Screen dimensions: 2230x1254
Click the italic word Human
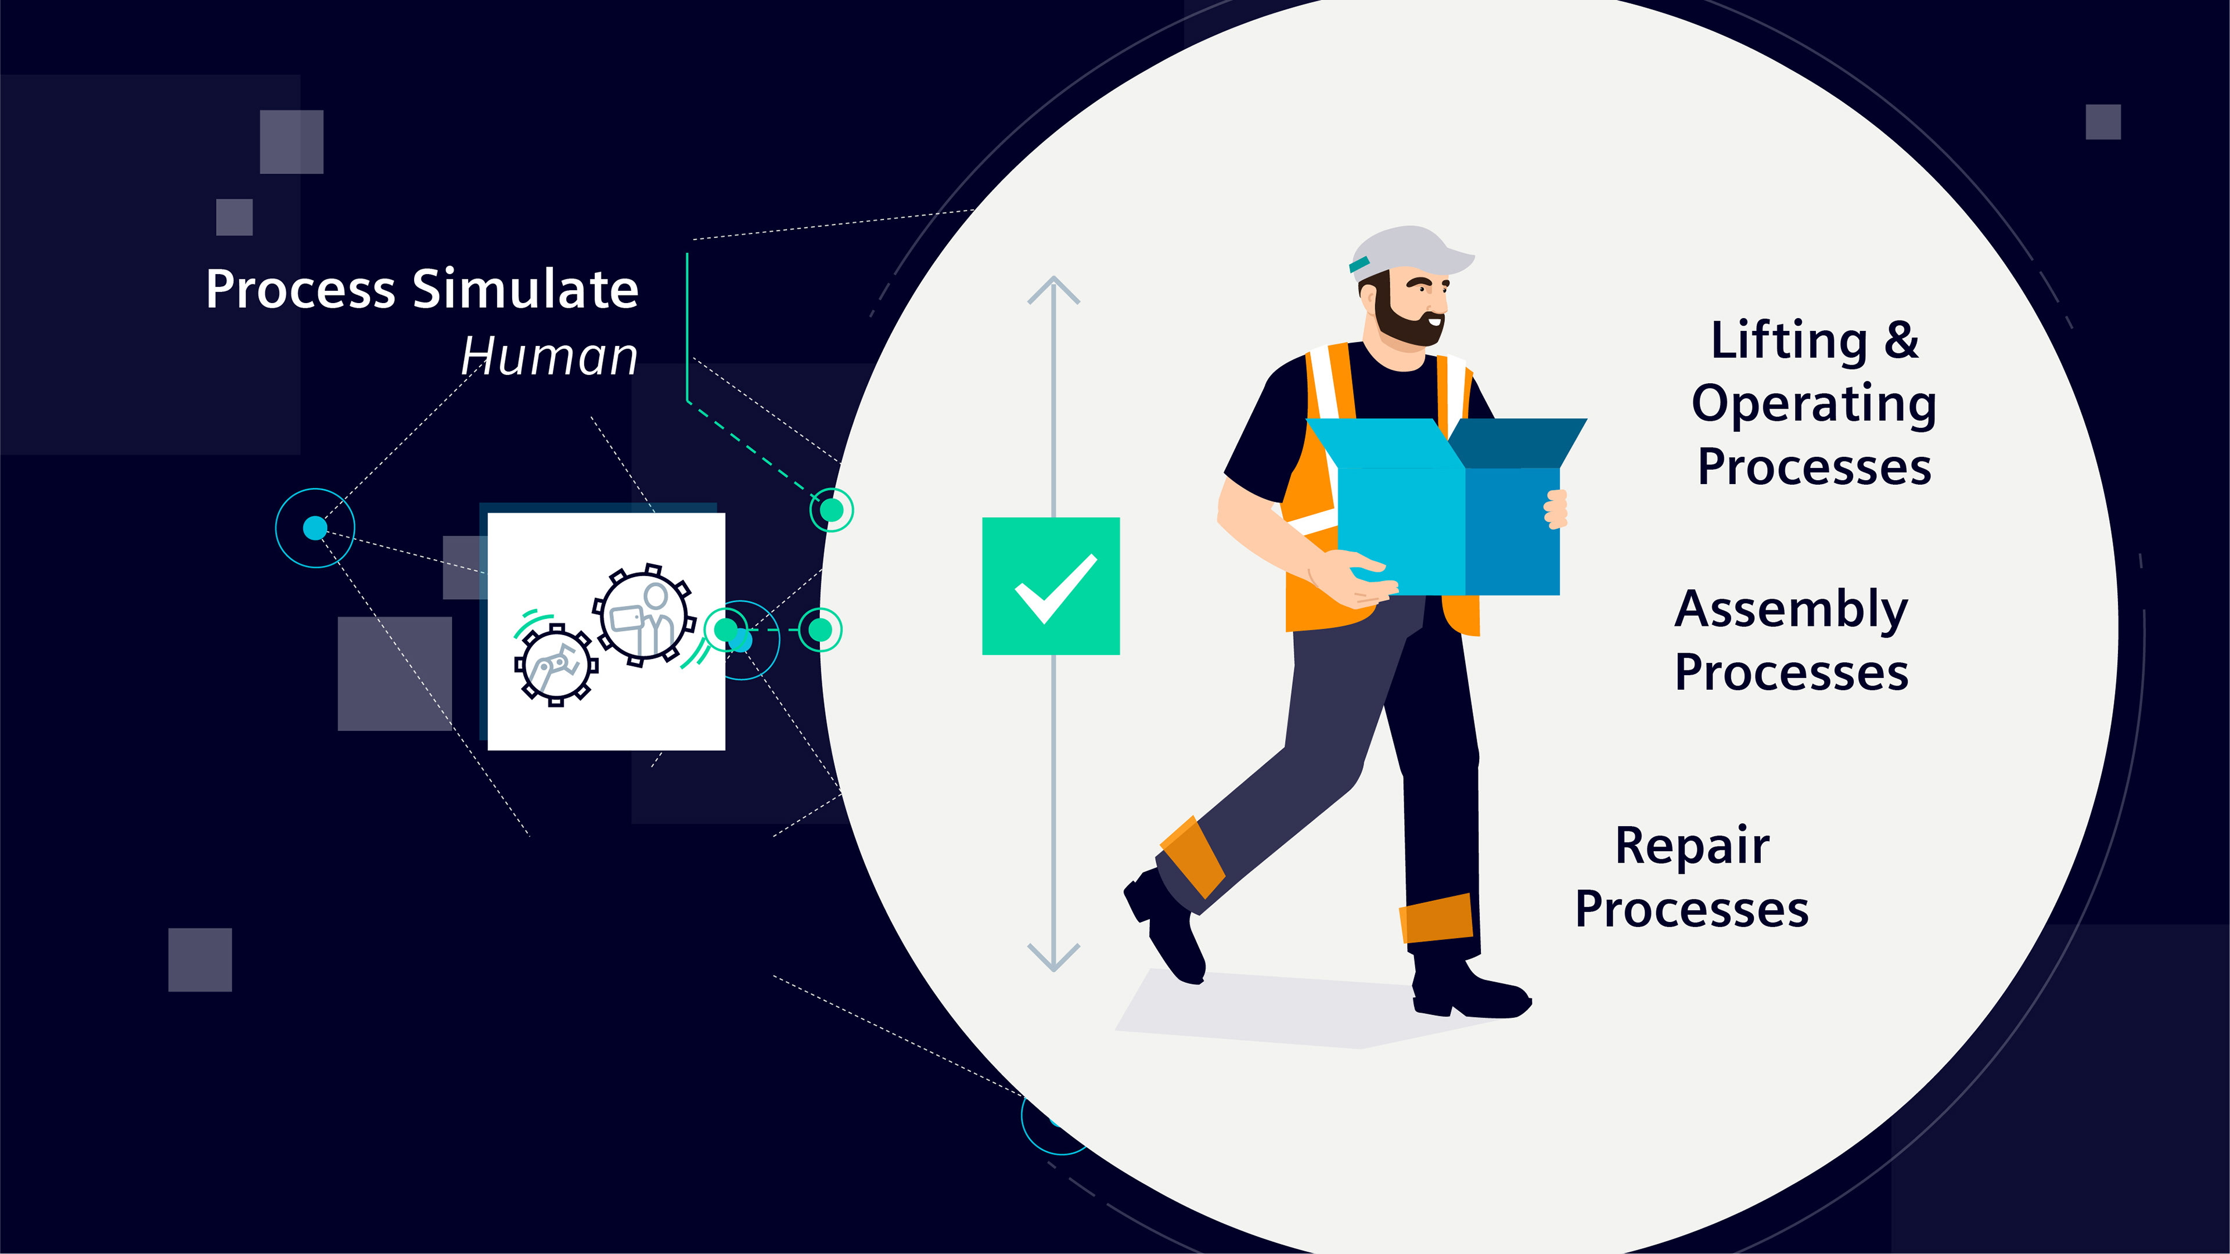click(x=549, y=356)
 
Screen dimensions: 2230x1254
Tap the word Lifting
click(x=1789, y=340)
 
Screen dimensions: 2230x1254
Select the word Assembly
click(x=1791, y=610)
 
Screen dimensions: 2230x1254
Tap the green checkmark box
click(x=1050, y=586)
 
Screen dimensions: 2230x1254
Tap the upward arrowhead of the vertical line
click(x=1053, y=288)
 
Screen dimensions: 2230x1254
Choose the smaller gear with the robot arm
click(x=556, y=665)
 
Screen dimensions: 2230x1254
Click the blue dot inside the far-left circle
click(x=315, y=528)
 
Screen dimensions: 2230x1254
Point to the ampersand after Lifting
click(x=1901, y=340)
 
